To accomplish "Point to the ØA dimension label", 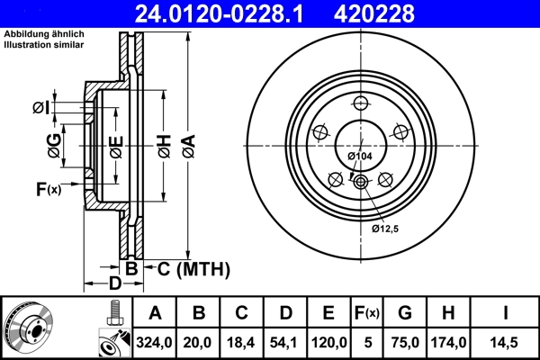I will point(188,143).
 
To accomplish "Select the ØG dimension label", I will point(55,144).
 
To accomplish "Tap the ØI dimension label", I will point(40,108).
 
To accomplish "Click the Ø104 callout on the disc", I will point(360,157).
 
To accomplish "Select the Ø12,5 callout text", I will point(386,229).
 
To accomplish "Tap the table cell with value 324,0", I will point(155,342).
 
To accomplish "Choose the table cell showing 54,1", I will point(284,342).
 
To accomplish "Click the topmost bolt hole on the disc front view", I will point(360,102).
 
